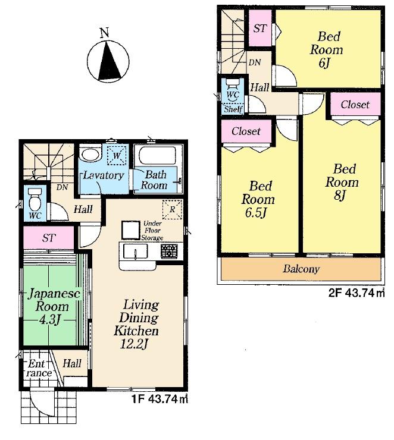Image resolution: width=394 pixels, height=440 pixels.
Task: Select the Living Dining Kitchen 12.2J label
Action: point(140,324)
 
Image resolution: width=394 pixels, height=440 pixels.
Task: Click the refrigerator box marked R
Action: point(171,210)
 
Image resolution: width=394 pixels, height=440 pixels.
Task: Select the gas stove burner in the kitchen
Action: point(168,251)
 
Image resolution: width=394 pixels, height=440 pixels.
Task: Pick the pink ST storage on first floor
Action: point(49,238)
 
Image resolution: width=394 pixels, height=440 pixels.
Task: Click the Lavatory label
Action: point(103,175)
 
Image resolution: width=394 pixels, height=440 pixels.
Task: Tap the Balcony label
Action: point(301,269)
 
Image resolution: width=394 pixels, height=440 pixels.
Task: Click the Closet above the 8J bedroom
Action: point(355,105)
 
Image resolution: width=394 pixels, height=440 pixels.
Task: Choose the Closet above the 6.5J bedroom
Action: point(246,131)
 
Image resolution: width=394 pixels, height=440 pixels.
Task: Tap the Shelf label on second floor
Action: point(233,109)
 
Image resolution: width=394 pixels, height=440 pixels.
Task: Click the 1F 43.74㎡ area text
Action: point(160,400)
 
